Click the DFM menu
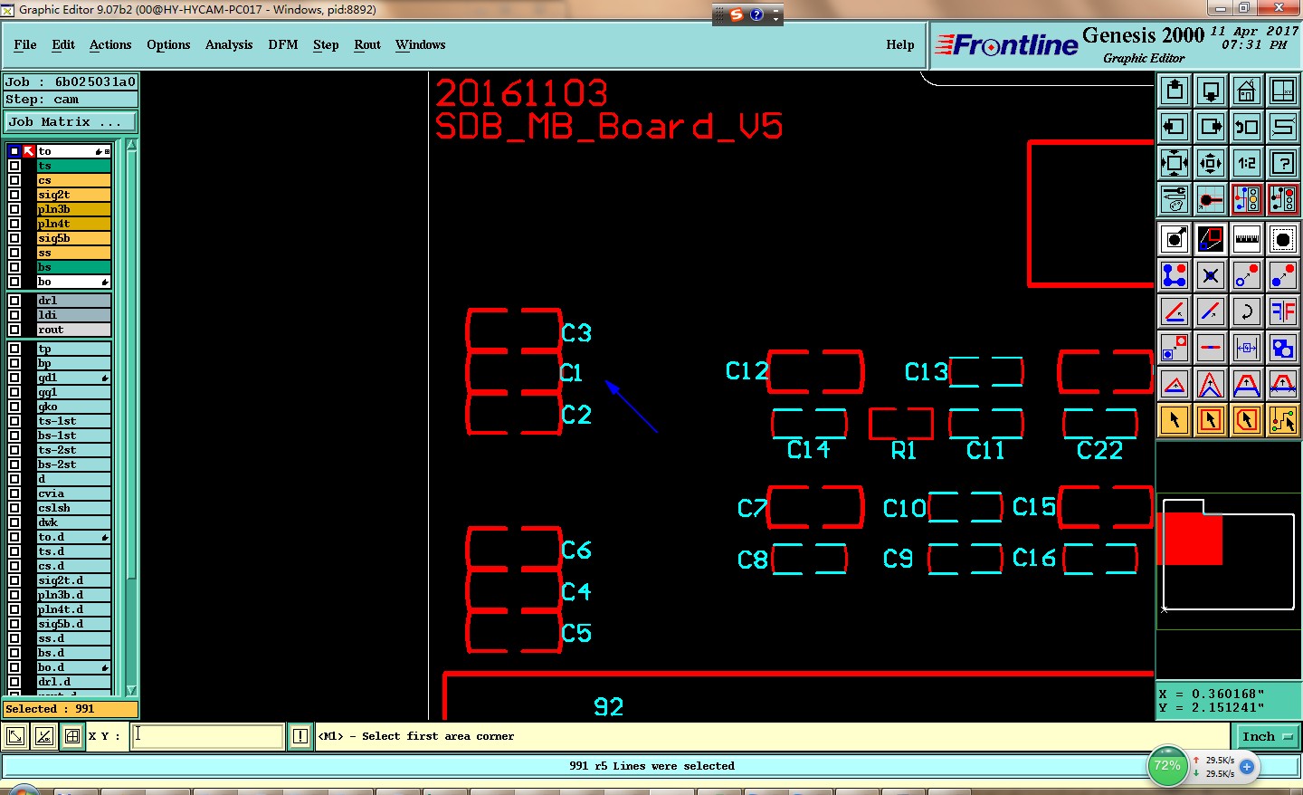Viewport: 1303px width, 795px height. (x=282, y=44)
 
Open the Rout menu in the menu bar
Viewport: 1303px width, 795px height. (x=366, y=44)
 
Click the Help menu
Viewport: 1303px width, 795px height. (x=899, y=44)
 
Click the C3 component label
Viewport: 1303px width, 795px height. (x=576, y=333)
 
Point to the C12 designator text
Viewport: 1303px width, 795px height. (x=747, y=371)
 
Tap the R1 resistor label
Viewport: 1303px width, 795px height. (x=903, y=451)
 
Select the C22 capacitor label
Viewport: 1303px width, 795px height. (x=1099, y=450)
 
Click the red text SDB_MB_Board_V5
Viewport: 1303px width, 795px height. (x=608, y=127)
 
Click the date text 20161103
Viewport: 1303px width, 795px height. (x=521, y=93)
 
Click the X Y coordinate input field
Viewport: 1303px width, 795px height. (x=208, y=736)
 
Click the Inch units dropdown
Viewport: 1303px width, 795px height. (x=1267, y=736)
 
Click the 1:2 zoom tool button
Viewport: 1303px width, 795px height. (x=1247, y=163)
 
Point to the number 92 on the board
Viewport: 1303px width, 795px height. (x=608, y=706)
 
